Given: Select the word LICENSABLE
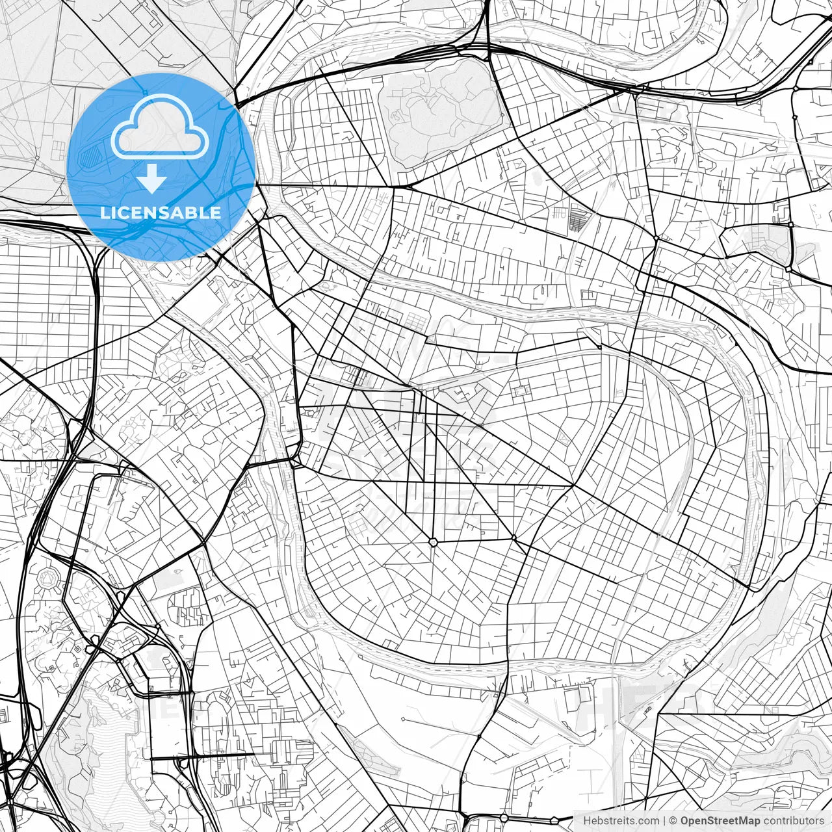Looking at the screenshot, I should click(x=161, y=213).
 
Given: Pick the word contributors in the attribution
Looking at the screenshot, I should click(x=793, y=821).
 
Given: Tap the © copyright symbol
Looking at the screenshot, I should click(x=674, y=821).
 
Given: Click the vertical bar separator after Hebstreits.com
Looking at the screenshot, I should click(x=664, y=821).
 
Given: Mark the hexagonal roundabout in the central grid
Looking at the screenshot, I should click(x=433, y=541).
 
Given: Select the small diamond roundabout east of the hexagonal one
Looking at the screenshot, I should click(x=513, y=538).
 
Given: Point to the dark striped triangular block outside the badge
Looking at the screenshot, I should click(x=577, y=218).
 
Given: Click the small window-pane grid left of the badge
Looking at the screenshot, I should click(x=58, y=150).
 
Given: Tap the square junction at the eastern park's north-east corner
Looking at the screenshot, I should click(x=790, y=225).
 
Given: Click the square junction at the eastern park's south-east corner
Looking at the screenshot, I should click(x=788, y=267).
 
